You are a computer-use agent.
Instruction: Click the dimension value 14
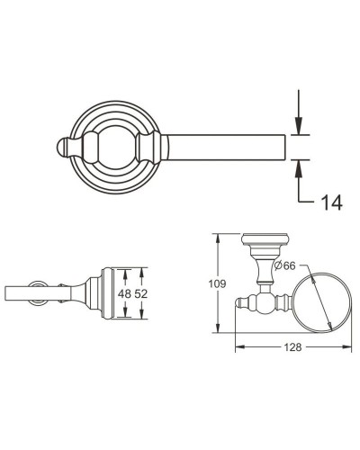[329, 203]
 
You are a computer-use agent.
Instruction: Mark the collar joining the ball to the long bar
[159, 146]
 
